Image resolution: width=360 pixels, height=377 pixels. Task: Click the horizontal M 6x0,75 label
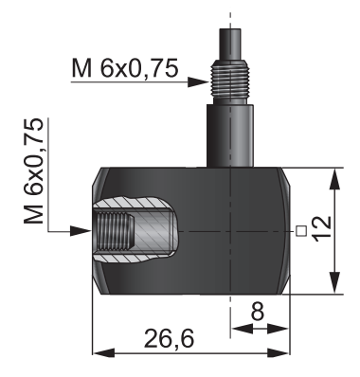125,68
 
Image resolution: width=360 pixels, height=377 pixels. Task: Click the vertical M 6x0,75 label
33,171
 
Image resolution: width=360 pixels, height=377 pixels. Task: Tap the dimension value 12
322,229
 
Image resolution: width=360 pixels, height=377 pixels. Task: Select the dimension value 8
258,311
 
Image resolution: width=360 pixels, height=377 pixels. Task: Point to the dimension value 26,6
169,338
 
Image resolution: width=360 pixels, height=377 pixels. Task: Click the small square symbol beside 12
301,231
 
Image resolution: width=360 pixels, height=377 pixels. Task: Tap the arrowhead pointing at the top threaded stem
198,82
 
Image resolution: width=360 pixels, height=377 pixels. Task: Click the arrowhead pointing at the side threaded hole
81,231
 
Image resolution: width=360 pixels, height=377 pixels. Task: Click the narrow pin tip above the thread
230,44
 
